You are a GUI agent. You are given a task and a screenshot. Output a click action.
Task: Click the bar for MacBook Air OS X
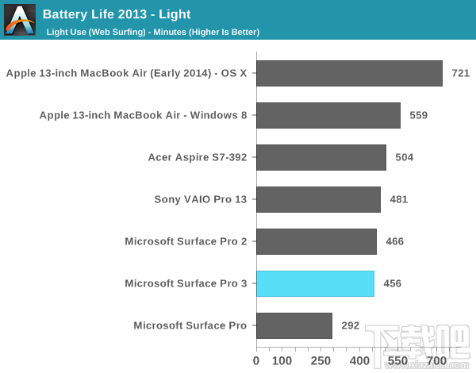349,73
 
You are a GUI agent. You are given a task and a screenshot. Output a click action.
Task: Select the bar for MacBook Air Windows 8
328,115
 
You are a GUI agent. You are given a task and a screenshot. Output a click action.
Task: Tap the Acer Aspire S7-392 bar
321,157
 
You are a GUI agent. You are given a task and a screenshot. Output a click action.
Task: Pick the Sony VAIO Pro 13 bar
318,199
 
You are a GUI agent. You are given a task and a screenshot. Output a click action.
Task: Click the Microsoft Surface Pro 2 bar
316,241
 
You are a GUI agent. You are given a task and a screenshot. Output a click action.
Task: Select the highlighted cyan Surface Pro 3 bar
315,283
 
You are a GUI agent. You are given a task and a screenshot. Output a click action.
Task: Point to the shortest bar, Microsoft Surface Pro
294,325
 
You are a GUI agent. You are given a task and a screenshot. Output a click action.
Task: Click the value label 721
461,73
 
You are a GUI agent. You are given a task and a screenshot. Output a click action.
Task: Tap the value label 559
419,115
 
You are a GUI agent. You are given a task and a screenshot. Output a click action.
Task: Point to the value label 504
405,157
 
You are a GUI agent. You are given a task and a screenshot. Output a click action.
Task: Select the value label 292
351,325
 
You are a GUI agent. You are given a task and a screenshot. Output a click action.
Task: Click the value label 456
393,283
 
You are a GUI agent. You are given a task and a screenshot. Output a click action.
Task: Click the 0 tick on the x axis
256,361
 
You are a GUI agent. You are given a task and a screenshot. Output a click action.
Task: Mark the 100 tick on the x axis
282,361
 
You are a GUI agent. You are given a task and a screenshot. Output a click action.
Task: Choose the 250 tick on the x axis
321,361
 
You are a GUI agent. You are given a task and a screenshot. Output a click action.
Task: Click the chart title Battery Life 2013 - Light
117,14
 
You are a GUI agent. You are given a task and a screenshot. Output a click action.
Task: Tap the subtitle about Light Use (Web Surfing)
153,32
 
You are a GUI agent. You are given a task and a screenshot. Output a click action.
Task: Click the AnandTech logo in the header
20,20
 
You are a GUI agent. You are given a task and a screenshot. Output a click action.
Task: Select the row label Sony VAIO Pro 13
200,199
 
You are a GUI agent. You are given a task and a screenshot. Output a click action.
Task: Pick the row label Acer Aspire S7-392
198,157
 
